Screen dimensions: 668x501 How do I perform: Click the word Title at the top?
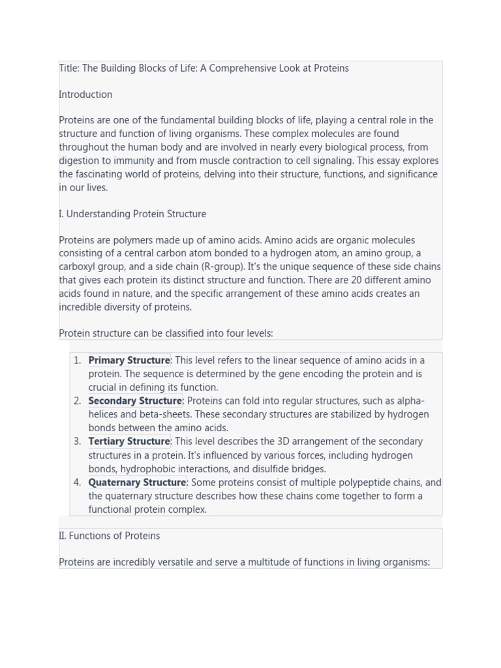[x=68, y=68]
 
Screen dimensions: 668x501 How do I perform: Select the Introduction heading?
[x=85, y=95]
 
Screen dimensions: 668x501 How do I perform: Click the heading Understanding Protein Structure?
[x=136, y=214]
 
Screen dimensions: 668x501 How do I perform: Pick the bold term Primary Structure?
[x=129, y=360]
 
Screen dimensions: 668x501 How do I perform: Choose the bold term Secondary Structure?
[x=135, y=401]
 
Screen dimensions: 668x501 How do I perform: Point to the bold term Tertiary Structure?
[x=129, y=442]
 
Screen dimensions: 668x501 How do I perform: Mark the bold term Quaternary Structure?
[x=137, y=483]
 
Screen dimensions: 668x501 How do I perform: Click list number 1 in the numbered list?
[x=77, y=360]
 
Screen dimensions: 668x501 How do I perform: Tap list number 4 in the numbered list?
[x=77, y=483]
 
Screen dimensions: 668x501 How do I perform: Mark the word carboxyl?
[x=78, y=267]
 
